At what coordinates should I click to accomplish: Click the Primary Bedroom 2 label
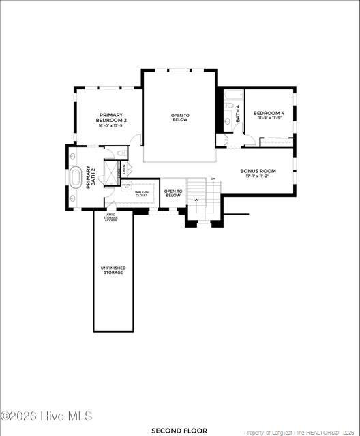tap(112, 117)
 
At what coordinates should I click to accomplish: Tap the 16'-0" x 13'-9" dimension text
tap(112, 126)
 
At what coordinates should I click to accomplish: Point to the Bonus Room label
tap(258, 171)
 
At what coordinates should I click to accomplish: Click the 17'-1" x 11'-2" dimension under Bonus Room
tap(258, 176)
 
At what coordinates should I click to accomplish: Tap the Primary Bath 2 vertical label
tap(90, 176)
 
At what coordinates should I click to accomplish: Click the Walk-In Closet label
tap(142, 193)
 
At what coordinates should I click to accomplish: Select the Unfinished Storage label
tap(113, 270)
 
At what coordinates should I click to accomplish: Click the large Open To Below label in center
tap(180, 117)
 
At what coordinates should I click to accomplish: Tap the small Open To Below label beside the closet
tap(173, 193)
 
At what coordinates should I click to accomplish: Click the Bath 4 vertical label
tap(238, 113)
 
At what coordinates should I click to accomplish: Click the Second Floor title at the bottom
tap(179, 431)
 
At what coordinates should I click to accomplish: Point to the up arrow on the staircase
tap(198, 200)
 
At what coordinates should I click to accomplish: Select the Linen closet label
tap(123, 170)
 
